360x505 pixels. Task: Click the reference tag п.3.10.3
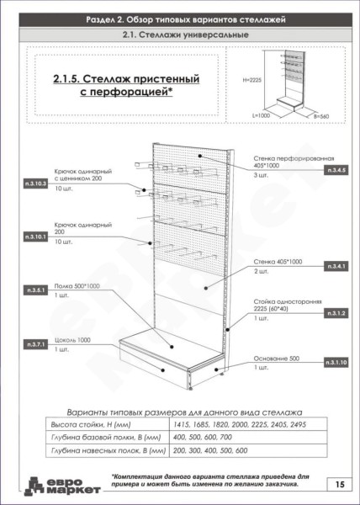36,183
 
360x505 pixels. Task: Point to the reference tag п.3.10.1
36,237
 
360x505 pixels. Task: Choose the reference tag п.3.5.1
36,290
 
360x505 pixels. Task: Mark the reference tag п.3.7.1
36,345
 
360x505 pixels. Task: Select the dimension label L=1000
263,113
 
